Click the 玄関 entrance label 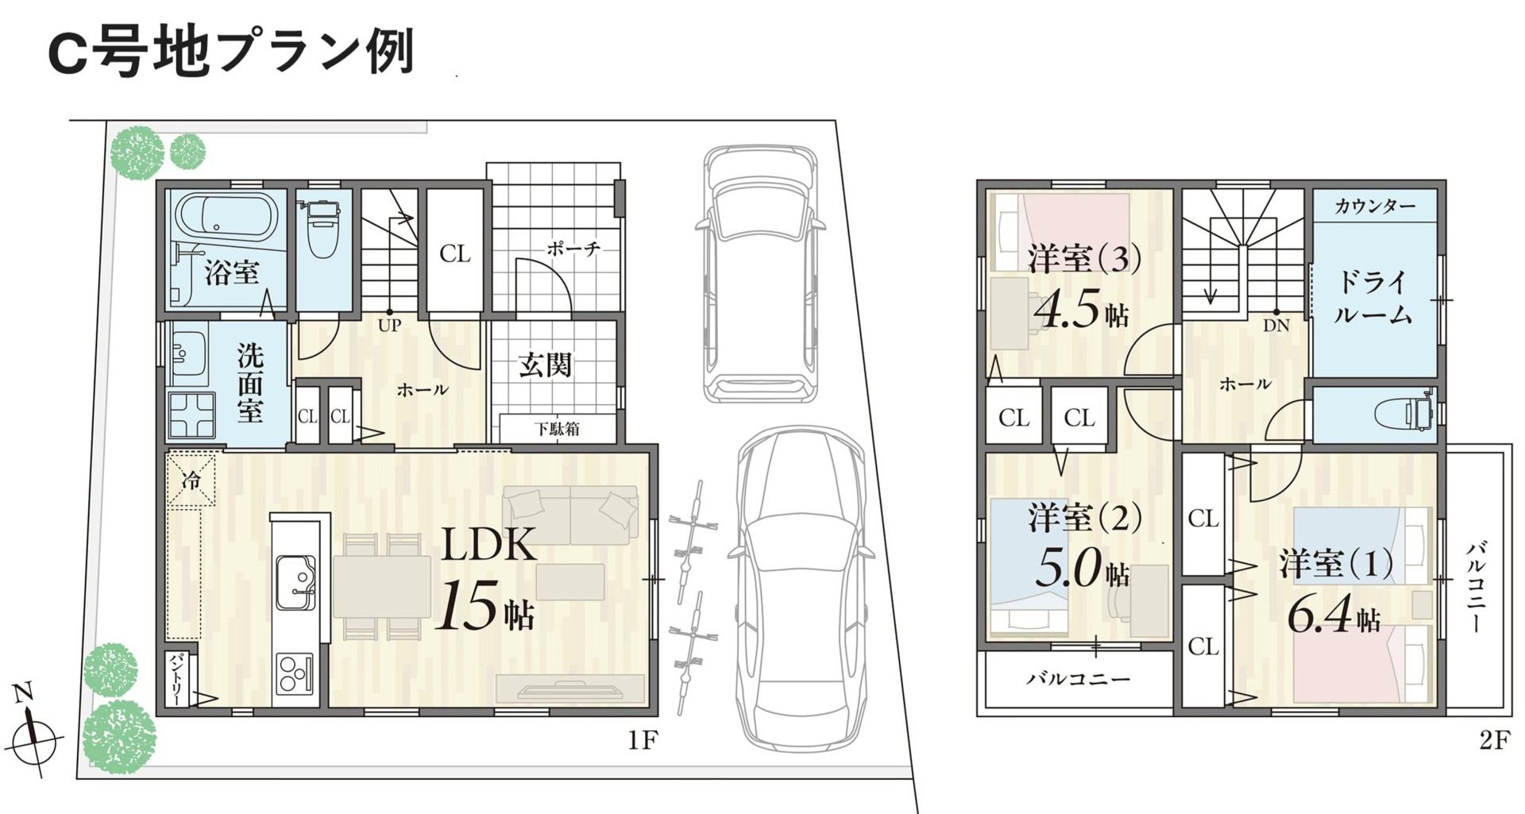coord(545,365)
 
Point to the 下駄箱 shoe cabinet coord(558,429)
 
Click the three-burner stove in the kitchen coord(295,675)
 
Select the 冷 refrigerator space coord(191,480)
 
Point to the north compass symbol coord(34,730)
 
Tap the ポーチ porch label coord(573,249)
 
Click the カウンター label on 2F coord(1375,206)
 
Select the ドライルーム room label coord(1372,298)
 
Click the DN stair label coord(1276,326)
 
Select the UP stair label coord(389,325)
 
